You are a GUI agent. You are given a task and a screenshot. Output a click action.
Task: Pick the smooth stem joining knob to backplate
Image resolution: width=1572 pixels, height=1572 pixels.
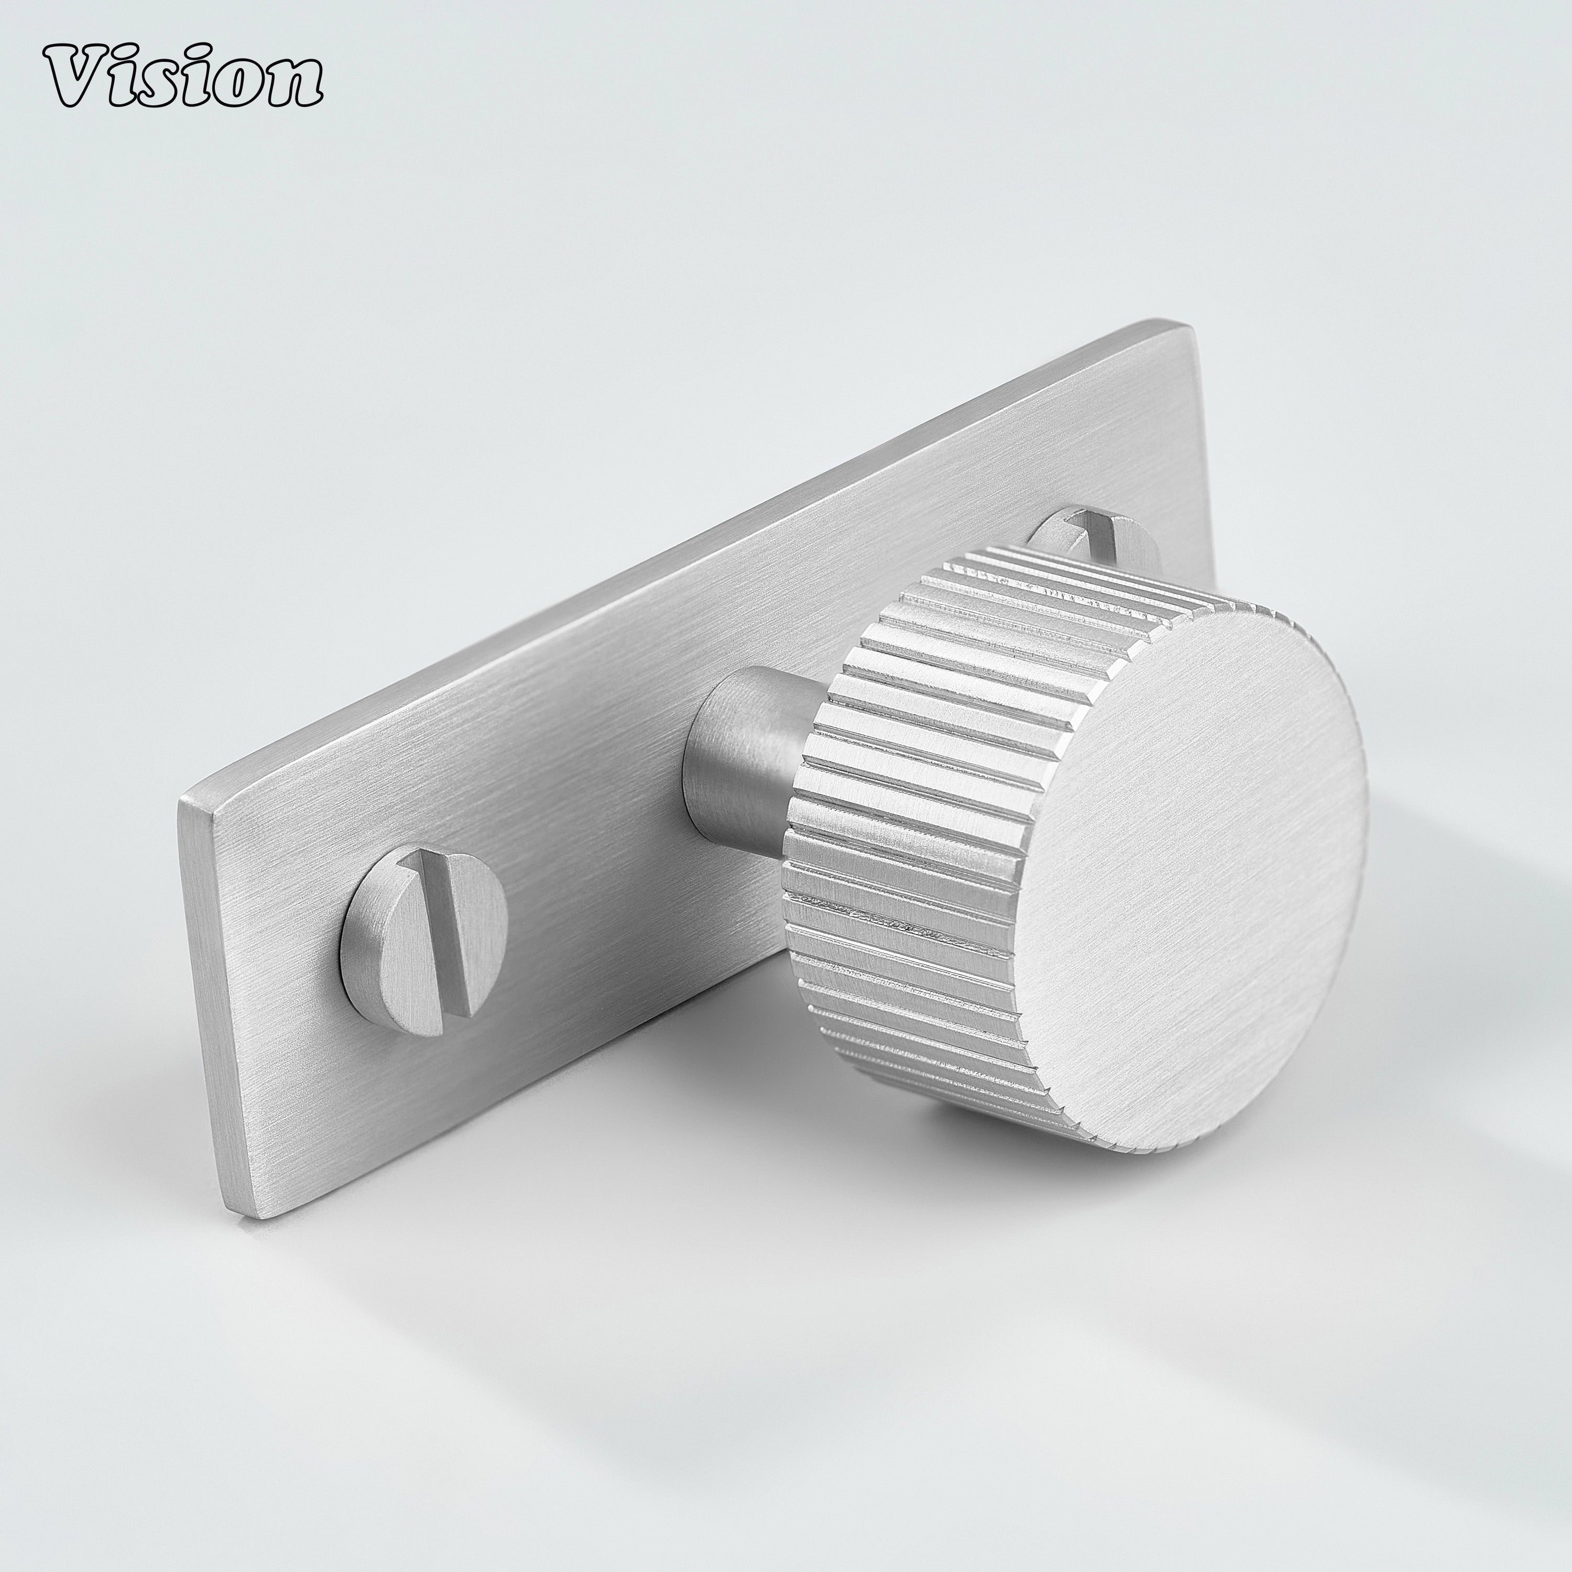[x=740, y=757]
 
